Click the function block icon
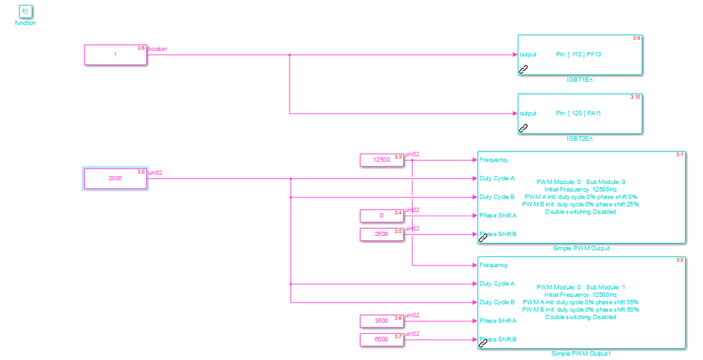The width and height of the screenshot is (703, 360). pos(25,12)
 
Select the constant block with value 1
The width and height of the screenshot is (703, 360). pos(116,55)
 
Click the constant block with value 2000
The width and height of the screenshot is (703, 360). pos(116,178)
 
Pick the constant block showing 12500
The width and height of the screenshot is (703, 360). pos(381,160)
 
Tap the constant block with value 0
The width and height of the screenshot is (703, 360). pos(381,216)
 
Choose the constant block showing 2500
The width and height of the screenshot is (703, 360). pos(381,234)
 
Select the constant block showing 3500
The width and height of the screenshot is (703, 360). pos(381,321)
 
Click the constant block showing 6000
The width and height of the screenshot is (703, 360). pos(381,340)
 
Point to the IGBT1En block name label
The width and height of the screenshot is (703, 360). pos(580,80)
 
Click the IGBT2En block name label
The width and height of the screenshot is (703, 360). pos(580,139)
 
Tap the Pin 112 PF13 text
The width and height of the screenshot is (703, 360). pos(580,54)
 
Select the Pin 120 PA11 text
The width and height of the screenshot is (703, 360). pos(580,113)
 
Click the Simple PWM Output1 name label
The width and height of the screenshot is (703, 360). pos(581,354)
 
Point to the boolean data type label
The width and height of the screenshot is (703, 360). pos(158,49)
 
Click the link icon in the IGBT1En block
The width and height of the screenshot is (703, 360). pos(523,69)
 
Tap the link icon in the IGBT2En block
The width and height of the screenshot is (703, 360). pos(523,128)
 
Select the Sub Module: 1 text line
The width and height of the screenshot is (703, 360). pos(580,287)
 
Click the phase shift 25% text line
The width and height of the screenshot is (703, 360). pos(580,204)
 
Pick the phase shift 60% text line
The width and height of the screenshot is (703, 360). pos(580,309)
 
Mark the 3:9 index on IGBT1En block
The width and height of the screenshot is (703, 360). pos(636,38)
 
